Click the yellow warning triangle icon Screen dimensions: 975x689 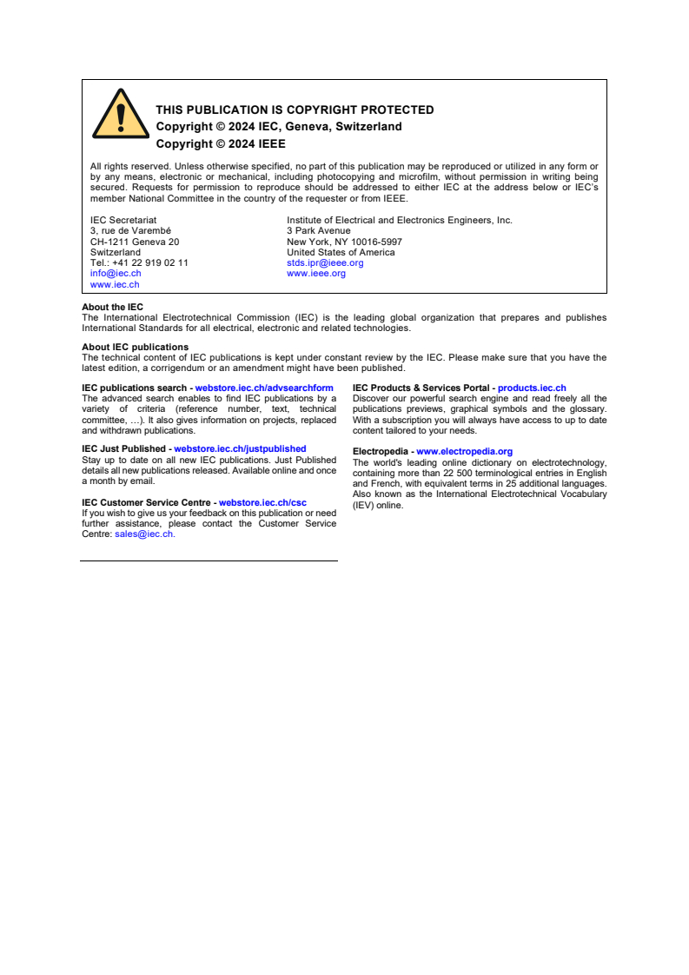121,116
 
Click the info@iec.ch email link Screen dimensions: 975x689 116,273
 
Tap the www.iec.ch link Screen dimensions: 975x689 115,284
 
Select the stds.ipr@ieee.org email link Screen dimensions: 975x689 325,262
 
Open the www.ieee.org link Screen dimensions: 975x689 316,273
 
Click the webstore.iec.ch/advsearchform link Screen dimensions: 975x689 264,388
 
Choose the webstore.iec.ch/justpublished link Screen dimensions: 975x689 240,449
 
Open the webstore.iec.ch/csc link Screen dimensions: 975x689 262,502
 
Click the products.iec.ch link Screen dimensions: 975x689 532,388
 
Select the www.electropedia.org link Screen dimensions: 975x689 464,452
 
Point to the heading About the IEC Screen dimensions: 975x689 113,307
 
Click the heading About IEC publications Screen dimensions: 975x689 135,347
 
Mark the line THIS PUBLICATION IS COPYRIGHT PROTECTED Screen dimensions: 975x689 295,109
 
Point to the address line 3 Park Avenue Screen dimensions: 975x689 319,231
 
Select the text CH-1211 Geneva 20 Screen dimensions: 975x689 135,242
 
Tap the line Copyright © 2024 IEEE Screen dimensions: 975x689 221,144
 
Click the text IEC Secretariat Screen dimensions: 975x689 123,221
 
